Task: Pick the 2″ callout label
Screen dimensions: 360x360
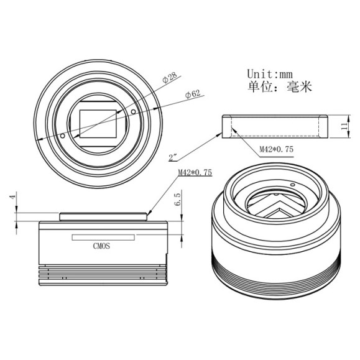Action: tap(175, 156)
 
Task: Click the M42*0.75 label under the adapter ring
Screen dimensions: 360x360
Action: tap(275, 149)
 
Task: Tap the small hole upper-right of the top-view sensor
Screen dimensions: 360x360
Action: tap(134, 111)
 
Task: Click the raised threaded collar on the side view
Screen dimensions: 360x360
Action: tap(103, 216)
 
